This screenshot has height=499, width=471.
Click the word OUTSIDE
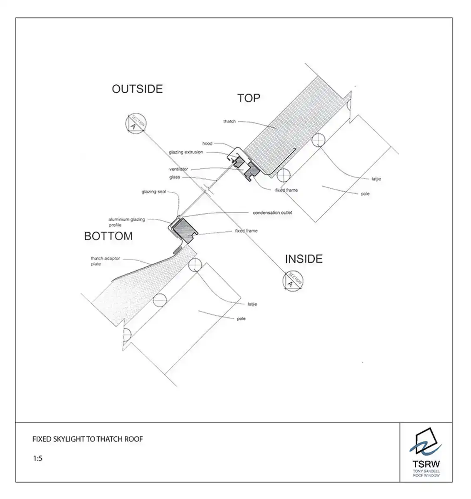[x=137, y=89]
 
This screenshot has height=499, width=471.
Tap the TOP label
[x=249, y=98]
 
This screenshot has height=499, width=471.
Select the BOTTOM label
[x=108, y=236]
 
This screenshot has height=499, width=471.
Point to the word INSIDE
[x=303, y=259]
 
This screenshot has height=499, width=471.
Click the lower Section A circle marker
[x=293, y=280]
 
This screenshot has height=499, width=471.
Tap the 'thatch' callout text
[x=229, y=121]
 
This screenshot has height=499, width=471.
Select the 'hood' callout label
[x=207, y=143]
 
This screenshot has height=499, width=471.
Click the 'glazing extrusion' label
[x=186, y=152]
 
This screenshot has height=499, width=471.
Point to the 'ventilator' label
[x=178, y=169]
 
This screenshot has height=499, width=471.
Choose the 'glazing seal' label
[x=154, y=192]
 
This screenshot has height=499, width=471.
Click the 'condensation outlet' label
[x=272, y=212]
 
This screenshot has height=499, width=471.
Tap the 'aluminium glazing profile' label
[x=126, y=222]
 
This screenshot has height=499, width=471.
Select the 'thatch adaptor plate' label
[x=105, y=261]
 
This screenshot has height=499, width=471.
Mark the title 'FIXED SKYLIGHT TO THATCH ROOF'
[x=88, y=439]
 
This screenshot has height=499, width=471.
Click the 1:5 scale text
[x=38, y=459]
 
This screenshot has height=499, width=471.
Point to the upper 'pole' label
[x=365, y=194]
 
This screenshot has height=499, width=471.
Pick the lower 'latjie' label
[x=252, y=304]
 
